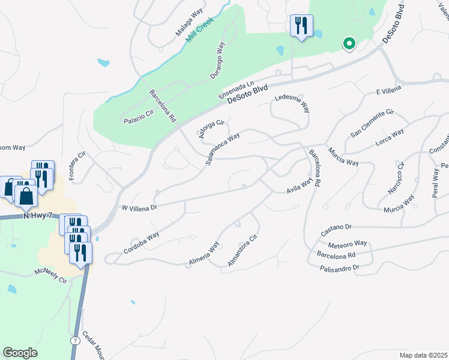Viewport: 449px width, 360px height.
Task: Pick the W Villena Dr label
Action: point(139,208)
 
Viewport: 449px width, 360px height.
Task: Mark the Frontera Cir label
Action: point(77,166)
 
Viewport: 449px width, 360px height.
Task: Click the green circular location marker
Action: point(348,43)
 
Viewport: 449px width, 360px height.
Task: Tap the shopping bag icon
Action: point(26,196)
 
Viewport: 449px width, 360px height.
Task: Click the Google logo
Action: point(20,353)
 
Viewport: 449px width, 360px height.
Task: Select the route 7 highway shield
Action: point(75,341)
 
